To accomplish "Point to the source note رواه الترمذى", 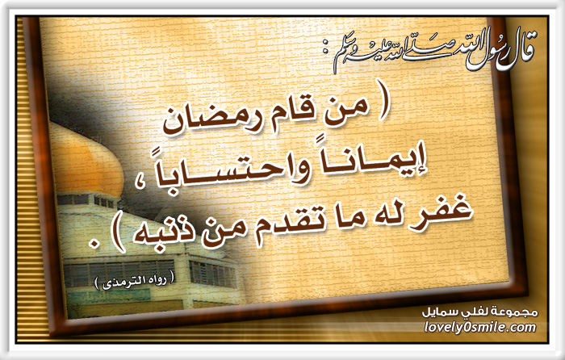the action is coord(134,283).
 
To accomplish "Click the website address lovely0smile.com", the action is coord(480,327).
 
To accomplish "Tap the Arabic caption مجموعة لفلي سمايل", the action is coord(480,312).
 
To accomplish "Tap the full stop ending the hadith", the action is coord(94,245).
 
